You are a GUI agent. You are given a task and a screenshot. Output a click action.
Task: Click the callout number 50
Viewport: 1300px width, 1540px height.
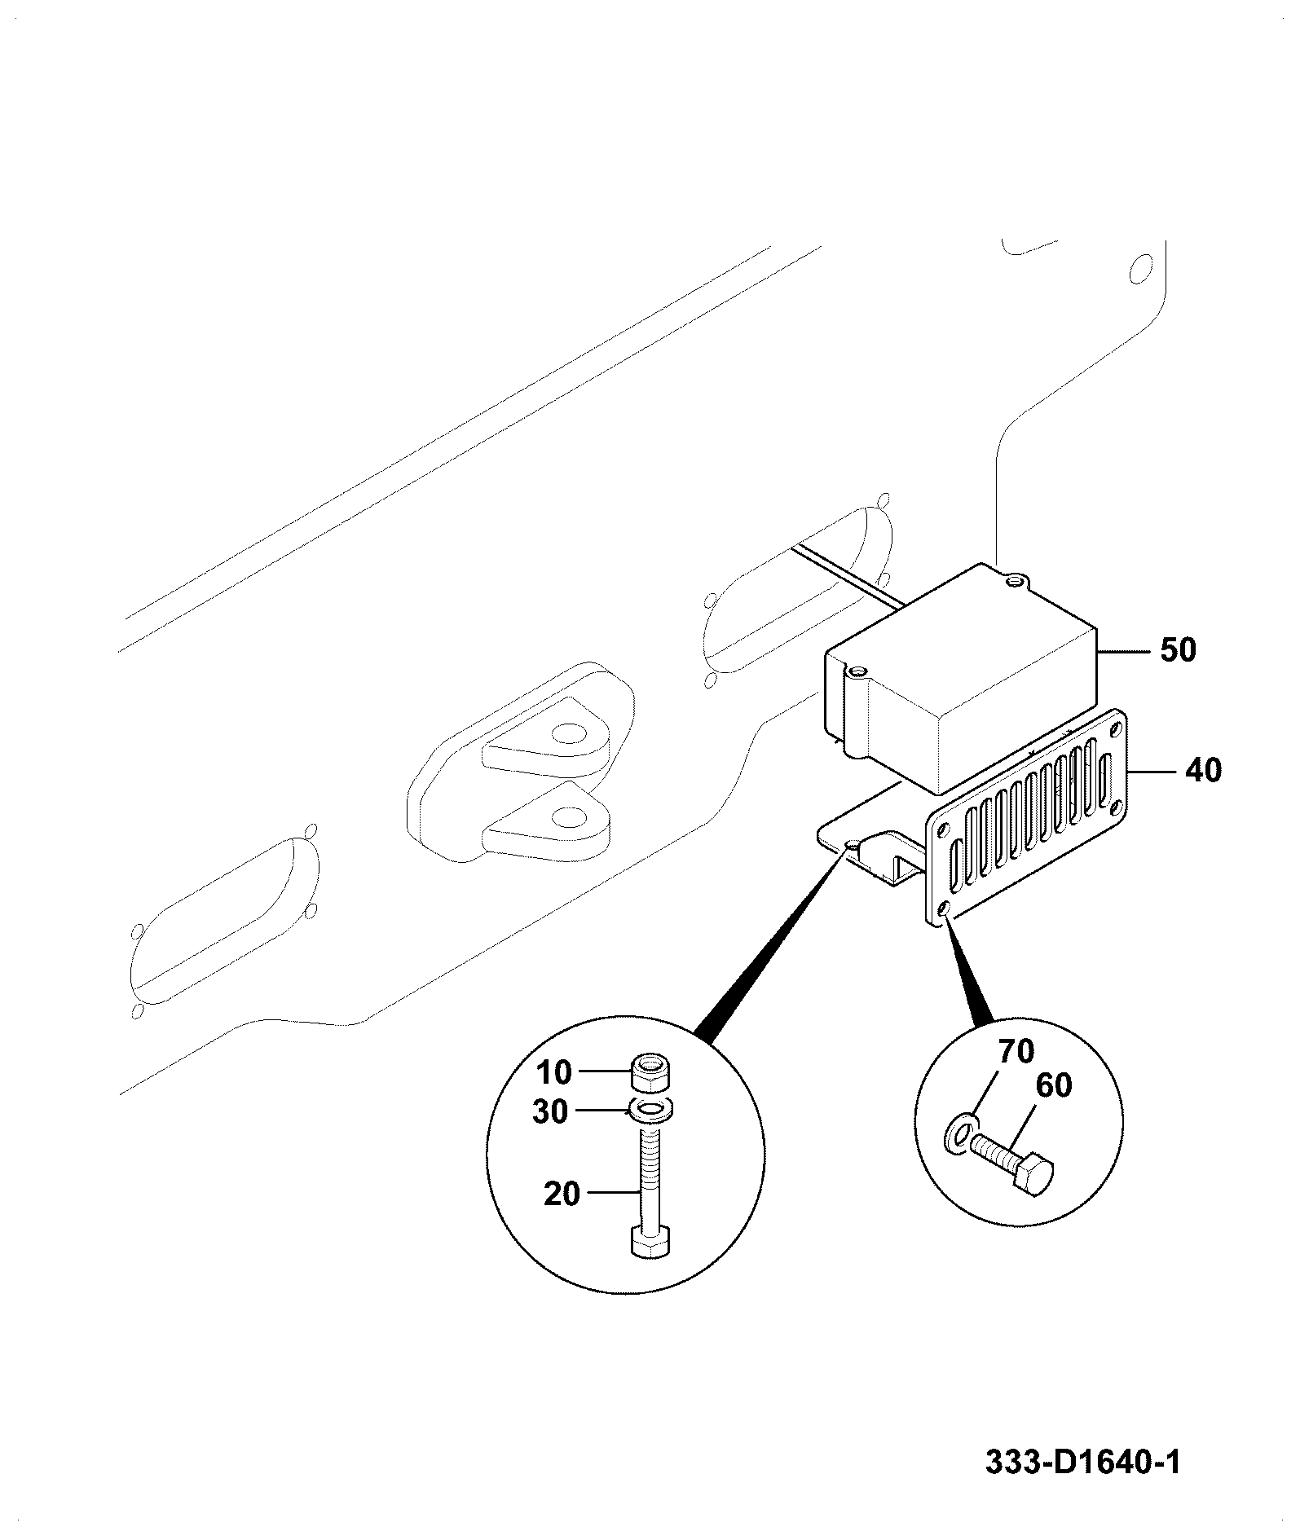(x=1178, y=650)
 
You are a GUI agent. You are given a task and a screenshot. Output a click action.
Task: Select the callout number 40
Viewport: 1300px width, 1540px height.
(x=1203, y=769)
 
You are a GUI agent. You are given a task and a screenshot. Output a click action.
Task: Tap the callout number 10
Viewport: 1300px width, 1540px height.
(x=554, y=1073)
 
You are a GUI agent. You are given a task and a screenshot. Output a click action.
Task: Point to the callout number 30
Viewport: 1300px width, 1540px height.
(x=550, y=1111)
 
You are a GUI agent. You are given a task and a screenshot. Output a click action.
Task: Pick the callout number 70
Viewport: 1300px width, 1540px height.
(x=1016, y=1051)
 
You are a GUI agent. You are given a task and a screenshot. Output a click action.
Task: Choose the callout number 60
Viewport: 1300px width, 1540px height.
(x=1054, y=1085)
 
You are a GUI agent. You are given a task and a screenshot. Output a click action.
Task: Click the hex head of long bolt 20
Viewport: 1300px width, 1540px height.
(x=650, y=1265)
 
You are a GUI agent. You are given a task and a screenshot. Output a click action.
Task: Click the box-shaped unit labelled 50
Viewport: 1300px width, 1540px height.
(x=962, y=680)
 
